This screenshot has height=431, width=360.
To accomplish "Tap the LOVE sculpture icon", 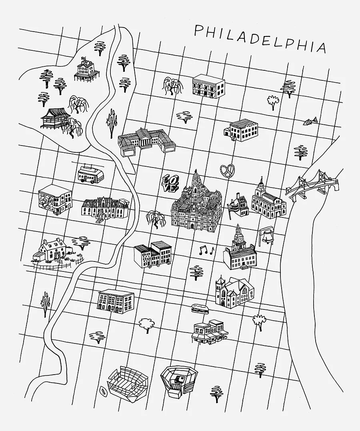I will pyautogui.click(x=170, y=182).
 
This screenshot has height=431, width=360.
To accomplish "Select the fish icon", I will pyautogui.click(x=310, y=120).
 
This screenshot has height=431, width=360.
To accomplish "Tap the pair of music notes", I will pyautogui.click(x=206, y=251).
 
